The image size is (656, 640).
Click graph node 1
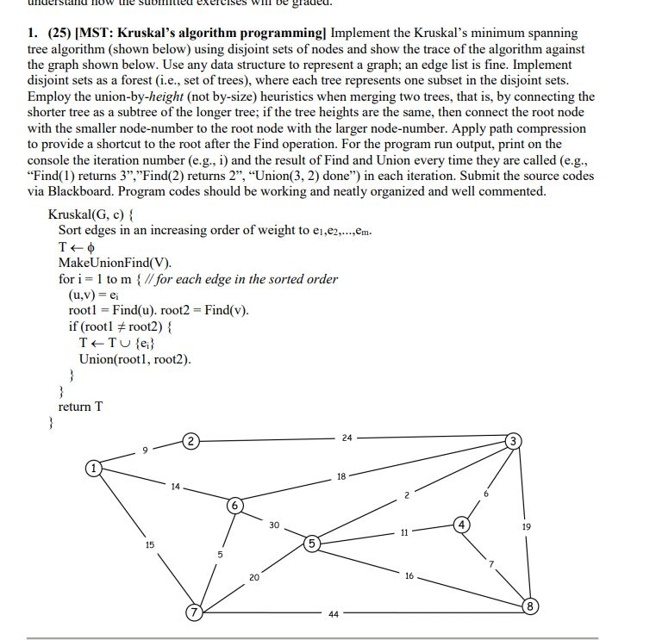tap(92, 469)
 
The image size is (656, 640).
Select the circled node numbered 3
tap(514, 442)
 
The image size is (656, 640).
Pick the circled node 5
tap(311, 544)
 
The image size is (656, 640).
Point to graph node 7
tap(196, 613)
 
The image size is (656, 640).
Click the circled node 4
tap(462, 524)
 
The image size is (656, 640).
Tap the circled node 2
tap(191, 442)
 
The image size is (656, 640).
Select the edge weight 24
tap(347, 438)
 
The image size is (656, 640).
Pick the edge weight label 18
tap(341, 475)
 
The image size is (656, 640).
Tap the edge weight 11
tap(403, 533)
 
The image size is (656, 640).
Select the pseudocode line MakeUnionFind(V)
tap(115, 263)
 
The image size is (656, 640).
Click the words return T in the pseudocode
tap(80, 407)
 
